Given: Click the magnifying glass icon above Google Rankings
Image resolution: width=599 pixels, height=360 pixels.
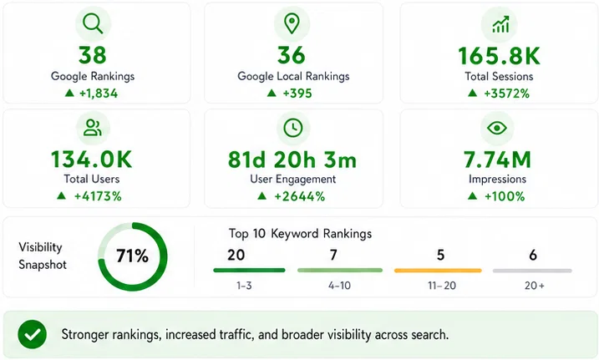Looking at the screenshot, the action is (93, 23).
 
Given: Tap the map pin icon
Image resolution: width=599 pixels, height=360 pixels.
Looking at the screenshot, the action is (292, 23).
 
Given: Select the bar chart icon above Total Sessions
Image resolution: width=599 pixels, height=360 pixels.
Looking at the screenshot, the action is (500, 24).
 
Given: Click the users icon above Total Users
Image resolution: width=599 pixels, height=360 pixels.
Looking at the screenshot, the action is (93, 128).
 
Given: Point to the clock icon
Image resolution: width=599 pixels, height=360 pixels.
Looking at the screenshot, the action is (293, 128).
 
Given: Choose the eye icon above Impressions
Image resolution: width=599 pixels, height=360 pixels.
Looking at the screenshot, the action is (497, 128).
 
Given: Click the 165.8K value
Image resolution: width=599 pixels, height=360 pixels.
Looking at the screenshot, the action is (500, 56).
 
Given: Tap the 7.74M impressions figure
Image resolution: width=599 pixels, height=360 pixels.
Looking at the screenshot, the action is (497, 160).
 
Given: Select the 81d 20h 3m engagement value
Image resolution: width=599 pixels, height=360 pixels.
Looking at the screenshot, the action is (292, 160).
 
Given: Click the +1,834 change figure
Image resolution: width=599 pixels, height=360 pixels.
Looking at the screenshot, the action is (99, 94).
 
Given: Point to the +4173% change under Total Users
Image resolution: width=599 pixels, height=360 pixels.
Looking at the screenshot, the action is (98, 196).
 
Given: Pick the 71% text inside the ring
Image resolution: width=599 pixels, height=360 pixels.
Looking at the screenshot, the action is (132, 256).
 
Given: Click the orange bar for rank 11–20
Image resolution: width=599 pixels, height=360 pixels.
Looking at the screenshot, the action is (438, 271).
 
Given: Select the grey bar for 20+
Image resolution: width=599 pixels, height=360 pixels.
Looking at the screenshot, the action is (532, 271).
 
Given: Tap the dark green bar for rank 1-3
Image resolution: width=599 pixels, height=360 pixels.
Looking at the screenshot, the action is (249, 271).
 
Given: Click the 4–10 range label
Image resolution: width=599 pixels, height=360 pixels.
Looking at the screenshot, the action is (339, 286).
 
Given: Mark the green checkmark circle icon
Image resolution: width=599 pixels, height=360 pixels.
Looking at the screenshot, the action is (33, 334).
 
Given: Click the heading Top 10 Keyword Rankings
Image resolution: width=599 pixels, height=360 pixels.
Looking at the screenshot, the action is (300, 234).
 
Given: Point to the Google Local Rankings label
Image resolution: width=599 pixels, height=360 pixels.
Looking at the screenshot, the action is (293, 76).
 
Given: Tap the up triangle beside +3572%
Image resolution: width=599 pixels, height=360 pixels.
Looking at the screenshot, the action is (473, 93).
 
